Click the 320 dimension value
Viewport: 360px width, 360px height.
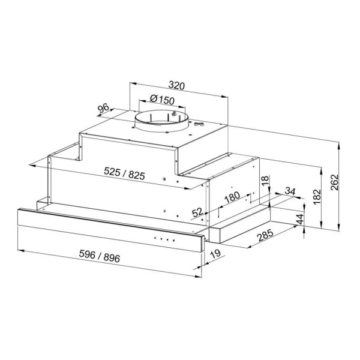tap(176, 85)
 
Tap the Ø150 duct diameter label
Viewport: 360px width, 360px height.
tap(162, 100)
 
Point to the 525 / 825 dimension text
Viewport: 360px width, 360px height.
tap(124, 173)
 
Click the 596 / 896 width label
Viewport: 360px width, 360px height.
tap(100, 256)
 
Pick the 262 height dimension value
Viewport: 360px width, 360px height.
tap(335, 182)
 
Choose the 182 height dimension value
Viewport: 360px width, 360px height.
tap(317, 197)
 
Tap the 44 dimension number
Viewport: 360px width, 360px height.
tap(300, 219)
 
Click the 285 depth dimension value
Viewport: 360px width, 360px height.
tap(265, 235)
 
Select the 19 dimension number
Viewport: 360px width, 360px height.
tap(215, 254)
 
